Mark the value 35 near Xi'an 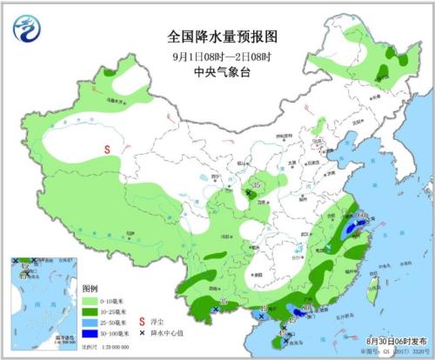point(256,184)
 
